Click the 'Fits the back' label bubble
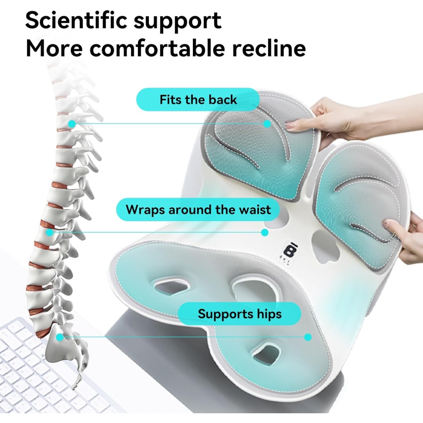tap(198, 100)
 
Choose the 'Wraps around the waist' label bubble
tap(198, 209)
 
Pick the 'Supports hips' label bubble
tap(239, 314)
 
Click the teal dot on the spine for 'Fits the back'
tap(72, 124)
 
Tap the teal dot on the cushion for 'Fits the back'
tap(267, 124)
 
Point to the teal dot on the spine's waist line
tap(50, 232)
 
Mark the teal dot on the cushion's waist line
tap(265, 232)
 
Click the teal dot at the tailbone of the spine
tap(60, 337)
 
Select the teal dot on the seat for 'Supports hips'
tap(308, 337)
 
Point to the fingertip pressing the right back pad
tap(387, 224)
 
